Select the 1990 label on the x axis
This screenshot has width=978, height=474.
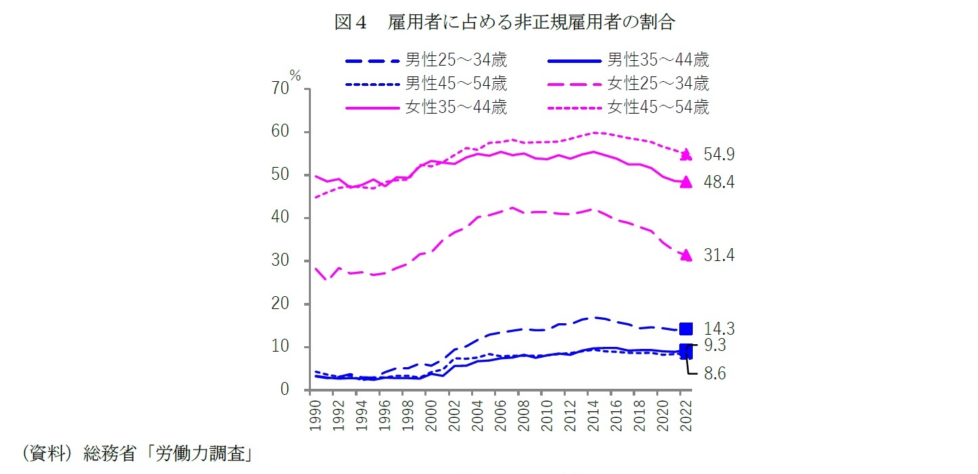point(314,414)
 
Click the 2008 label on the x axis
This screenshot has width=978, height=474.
point(523,414)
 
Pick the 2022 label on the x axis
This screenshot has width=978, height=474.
point(685,414)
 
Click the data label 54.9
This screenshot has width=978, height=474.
point(719,155)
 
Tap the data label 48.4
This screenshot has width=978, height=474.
point(719,182)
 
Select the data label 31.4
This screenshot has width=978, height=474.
point(719,256)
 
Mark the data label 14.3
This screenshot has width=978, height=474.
point(719,329)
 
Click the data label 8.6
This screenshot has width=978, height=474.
point(714,373)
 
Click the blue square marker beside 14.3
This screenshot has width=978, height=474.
point(685,329)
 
